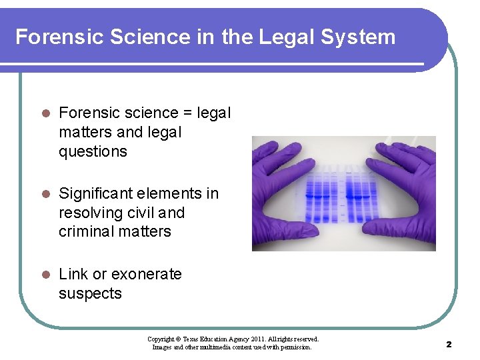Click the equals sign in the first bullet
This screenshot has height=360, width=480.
click(187, 113)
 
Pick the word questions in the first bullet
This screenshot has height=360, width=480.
click(93, 151)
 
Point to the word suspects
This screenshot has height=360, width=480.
click(90, 293)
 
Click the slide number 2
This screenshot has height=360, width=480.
click(449, 344)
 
